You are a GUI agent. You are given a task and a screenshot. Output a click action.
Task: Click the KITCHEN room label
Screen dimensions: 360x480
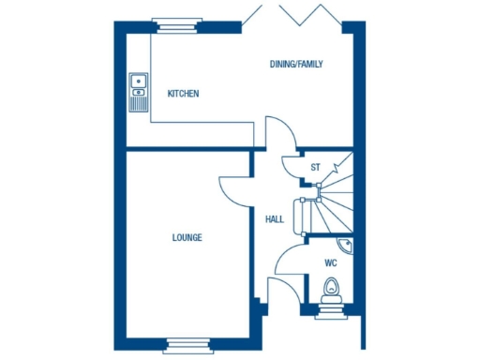[x=183, y=94]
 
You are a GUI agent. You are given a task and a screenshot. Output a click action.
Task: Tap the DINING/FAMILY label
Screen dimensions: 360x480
[x=296, y=64]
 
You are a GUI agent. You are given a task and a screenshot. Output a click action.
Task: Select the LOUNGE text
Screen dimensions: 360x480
[x=187, y=237]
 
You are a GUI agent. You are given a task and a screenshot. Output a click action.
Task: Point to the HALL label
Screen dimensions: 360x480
[x=275, y=219]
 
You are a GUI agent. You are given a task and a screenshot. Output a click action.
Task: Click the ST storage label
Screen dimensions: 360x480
[x=315, y=168]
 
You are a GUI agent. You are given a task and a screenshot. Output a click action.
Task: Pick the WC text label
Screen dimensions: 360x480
[x=330, y=263]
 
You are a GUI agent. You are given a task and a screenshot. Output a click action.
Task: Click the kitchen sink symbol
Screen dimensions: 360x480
[x=139, y=83]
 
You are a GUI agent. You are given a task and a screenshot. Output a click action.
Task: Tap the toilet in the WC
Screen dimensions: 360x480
[x=329, y=289]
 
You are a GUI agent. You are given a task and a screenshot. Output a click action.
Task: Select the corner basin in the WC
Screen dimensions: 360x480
[x=346, y=246]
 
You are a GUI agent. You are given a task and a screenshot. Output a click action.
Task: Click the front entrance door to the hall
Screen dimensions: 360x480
[x=281, y=292]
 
